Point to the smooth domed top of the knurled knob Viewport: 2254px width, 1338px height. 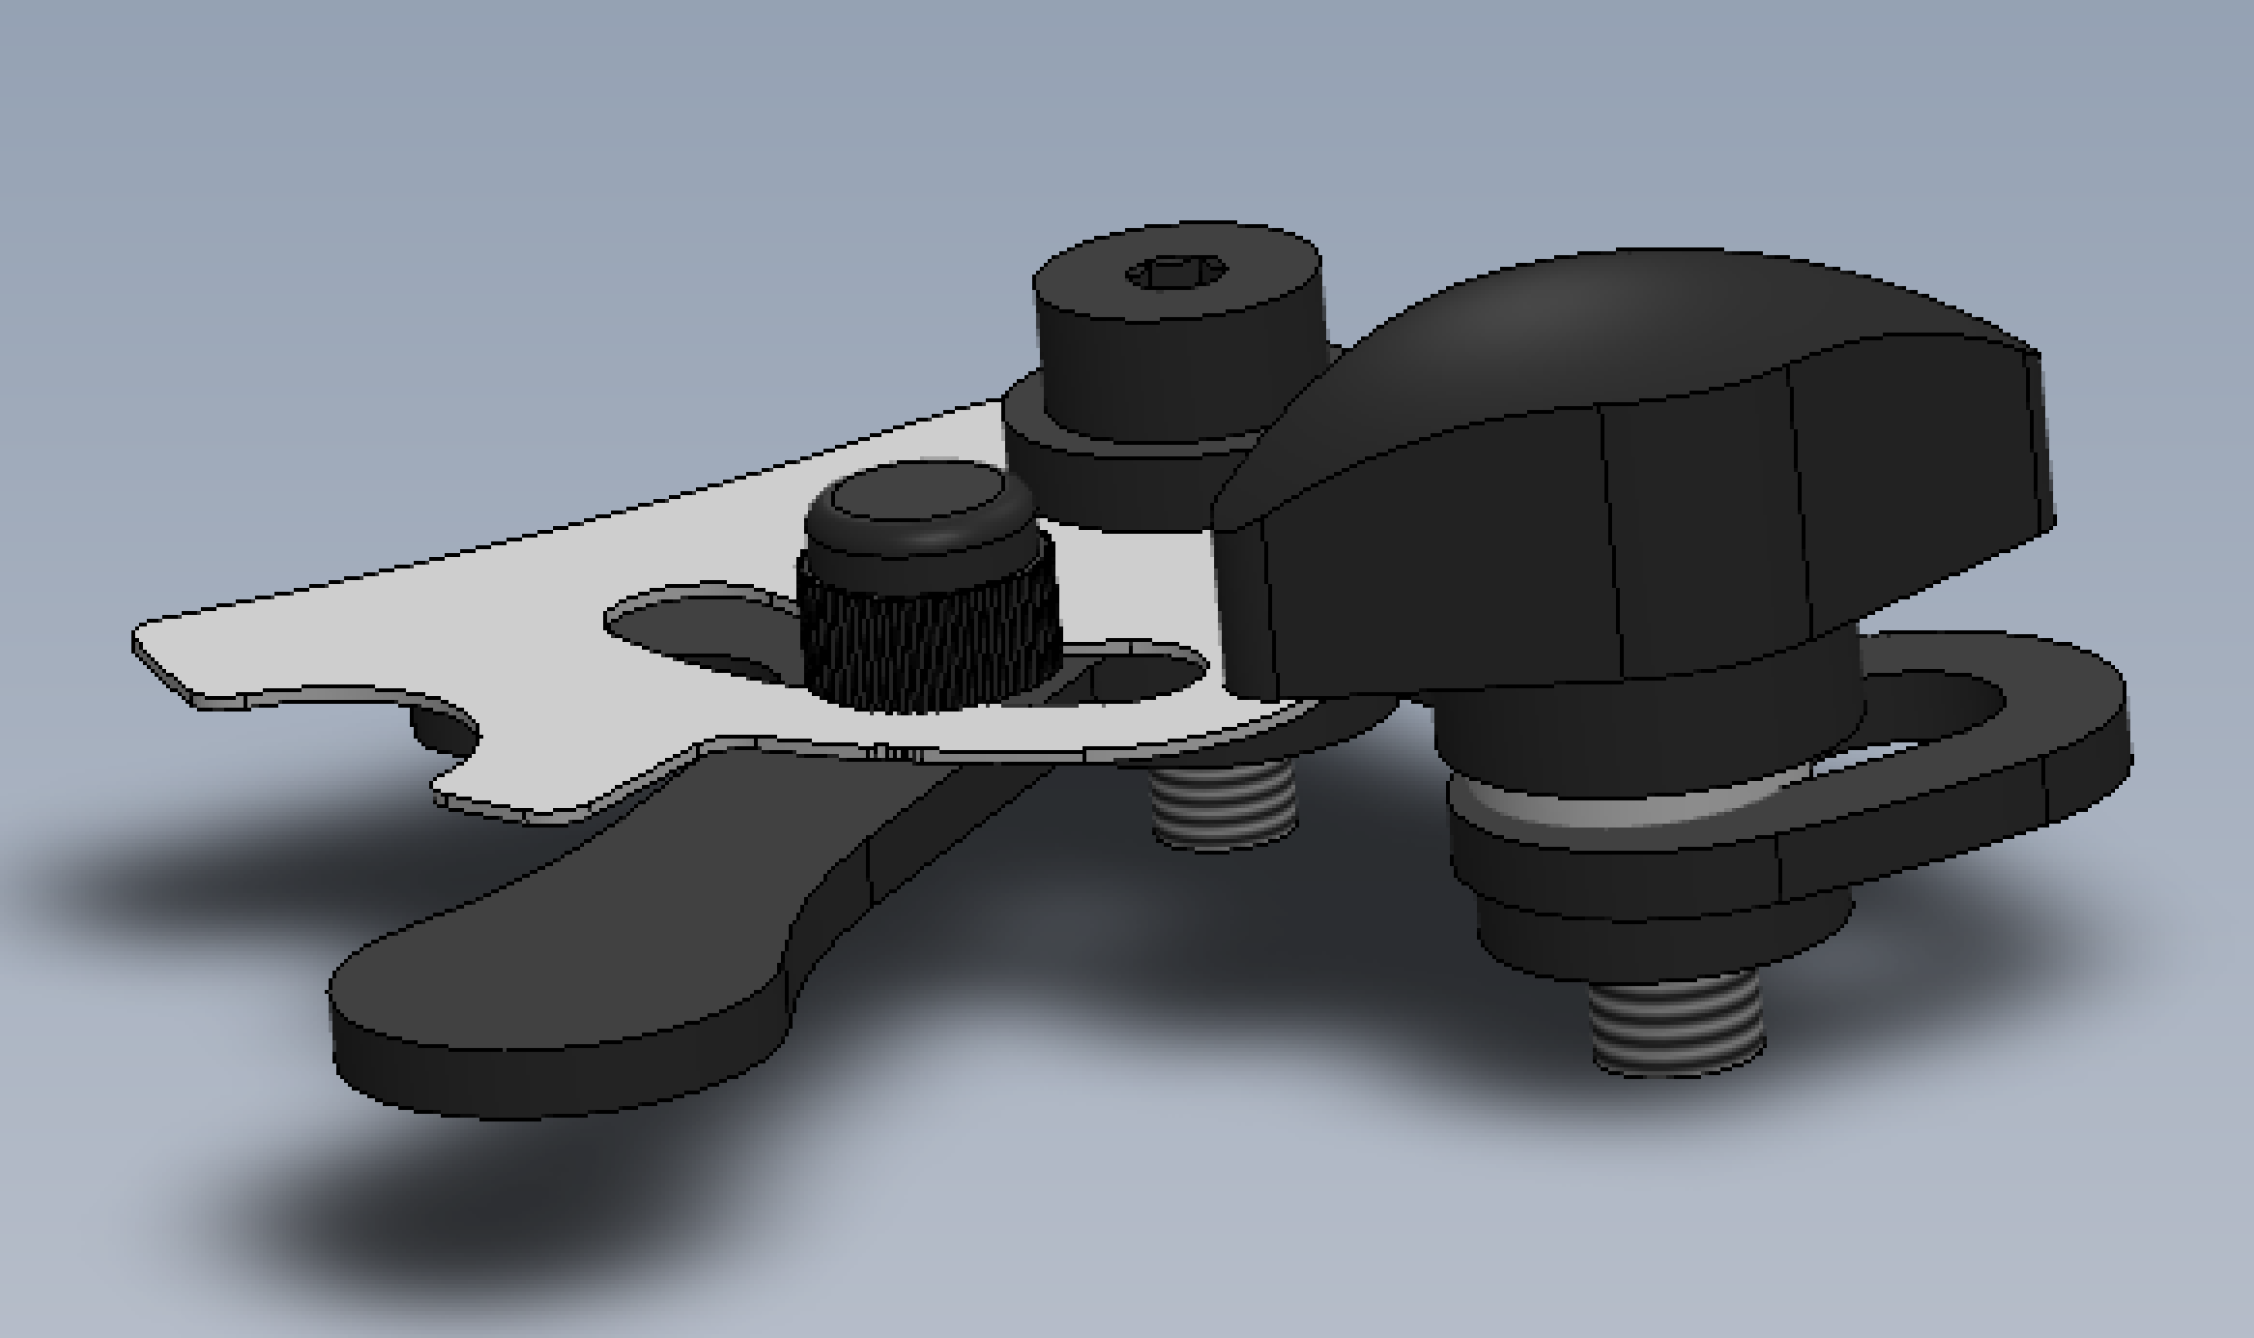click(917, 500)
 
